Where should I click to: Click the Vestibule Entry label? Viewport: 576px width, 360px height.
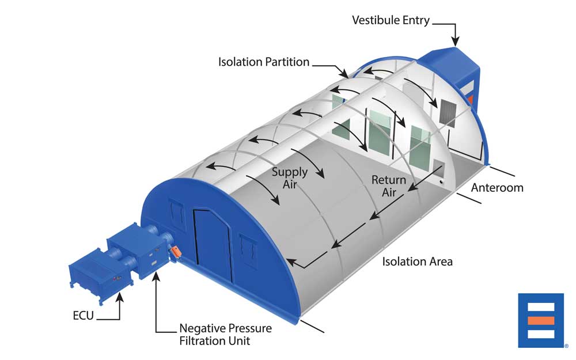click(391, 20)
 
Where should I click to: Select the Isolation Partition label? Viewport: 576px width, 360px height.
click(264, 62)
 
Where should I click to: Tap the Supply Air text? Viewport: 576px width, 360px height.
click(290, 178)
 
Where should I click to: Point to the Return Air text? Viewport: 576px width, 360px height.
click(389, 186)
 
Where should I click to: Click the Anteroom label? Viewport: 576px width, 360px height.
click(497, 188)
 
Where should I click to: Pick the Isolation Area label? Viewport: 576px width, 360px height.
click(417, 262)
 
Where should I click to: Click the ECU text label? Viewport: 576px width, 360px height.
click(84, 316)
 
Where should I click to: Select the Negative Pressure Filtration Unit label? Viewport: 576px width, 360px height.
click(226, 334)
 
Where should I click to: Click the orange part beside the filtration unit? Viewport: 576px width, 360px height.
click(175, 252)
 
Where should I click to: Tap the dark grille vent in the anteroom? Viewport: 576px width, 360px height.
click(448, 112)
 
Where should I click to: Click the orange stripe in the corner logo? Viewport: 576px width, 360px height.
click(541, 321)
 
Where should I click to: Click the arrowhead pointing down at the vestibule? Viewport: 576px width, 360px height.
click(456, 42)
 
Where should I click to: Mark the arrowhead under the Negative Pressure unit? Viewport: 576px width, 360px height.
click(157, 276)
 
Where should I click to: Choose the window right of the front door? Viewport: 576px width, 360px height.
click(248, 248)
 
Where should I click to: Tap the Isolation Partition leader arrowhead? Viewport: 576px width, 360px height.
click(344, 74)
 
